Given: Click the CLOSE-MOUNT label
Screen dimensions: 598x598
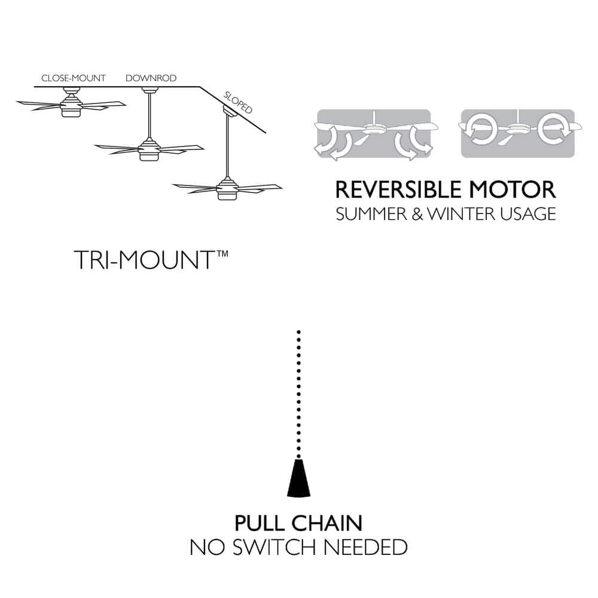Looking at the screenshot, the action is click(73, 78).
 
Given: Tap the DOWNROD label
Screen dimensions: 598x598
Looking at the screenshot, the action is click(151, 78).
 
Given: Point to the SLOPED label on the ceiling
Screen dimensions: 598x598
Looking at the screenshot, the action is click(238, 103).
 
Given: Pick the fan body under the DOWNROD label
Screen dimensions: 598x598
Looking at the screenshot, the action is click(149, 149).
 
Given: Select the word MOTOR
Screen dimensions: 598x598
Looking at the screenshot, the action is click(512, 190).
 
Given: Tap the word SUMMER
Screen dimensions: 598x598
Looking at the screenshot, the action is click(372, 214).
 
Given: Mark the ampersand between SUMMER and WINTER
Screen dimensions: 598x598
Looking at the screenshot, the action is click(417, 214).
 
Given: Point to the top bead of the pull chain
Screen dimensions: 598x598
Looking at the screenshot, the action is click(298, 332).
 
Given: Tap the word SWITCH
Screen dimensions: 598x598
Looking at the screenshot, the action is click(274, 547).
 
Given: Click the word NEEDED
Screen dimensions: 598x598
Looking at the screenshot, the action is click(365, 547).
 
